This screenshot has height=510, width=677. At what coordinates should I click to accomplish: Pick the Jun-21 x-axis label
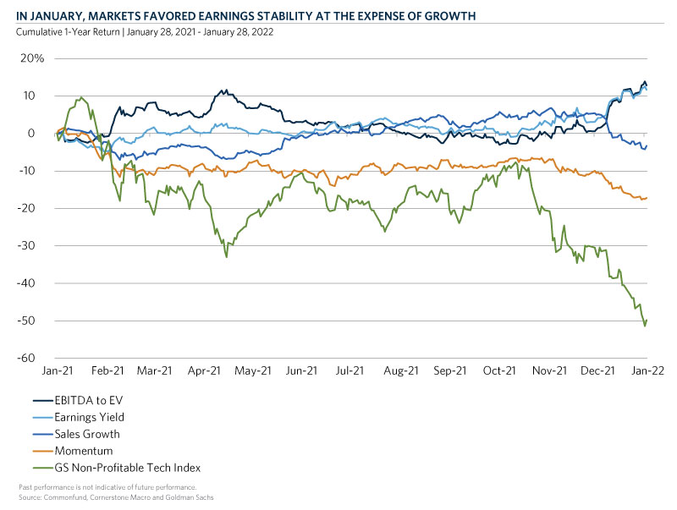click(302, 370)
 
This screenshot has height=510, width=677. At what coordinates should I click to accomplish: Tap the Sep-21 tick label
click(450, 370)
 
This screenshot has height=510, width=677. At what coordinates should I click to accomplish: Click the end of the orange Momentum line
click(647, 198)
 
